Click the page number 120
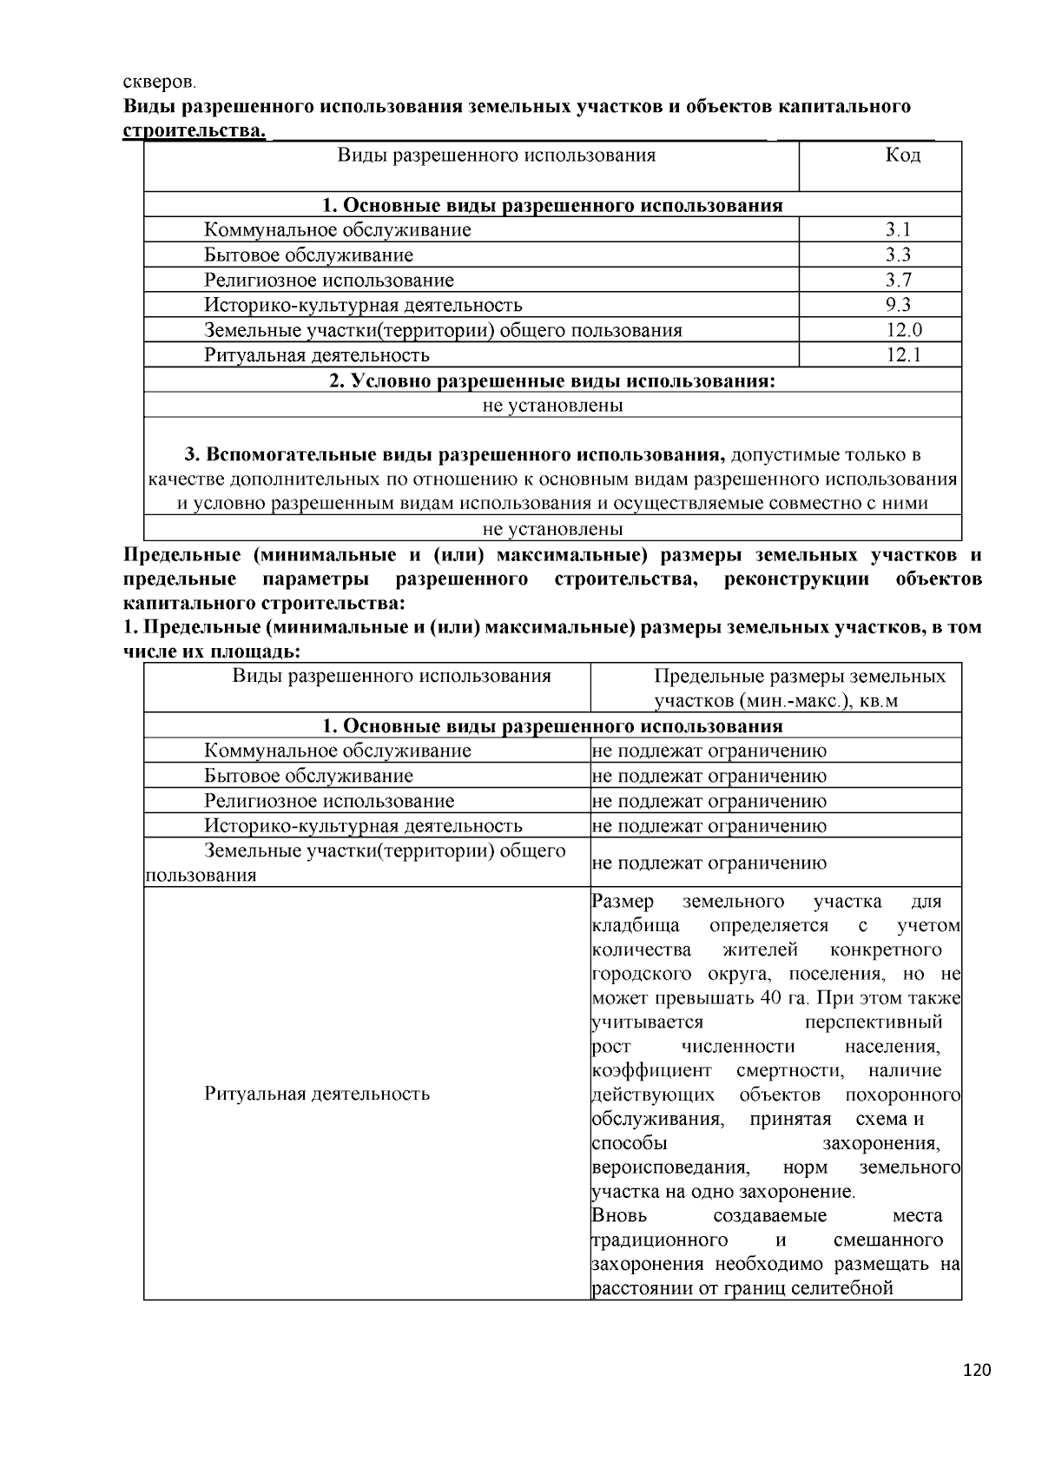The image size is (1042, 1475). click(x=976, y=1371)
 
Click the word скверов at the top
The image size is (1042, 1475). click(x=159, y=83)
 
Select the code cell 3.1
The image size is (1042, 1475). click(x=897, y=230)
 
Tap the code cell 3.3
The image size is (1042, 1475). click(x=897, y=255)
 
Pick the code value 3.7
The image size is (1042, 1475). click(x=897, y=281)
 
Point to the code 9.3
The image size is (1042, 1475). click(x=897, y=305)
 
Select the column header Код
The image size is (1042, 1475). click(x=902, y=156)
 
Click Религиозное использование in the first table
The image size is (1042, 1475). click(x=329, y=281)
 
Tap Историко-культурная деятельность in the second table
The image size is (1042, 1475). click(x=363, y=826)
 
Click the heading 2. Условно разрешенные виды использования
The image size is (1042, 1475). click(x=551, y=380)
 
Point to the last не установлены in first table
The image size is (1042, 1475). click(x=552, y=529)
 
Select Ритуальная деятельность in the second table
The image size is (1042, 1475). click(x=317, y=1094)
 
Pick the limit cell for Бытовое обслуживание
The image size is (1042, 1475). click(x=709, y=776)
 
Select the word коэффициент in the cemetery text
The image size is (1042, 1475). click(x=651, y=1070)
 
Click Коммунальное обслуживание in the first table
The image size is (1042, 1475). click(x=338, y=230)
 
